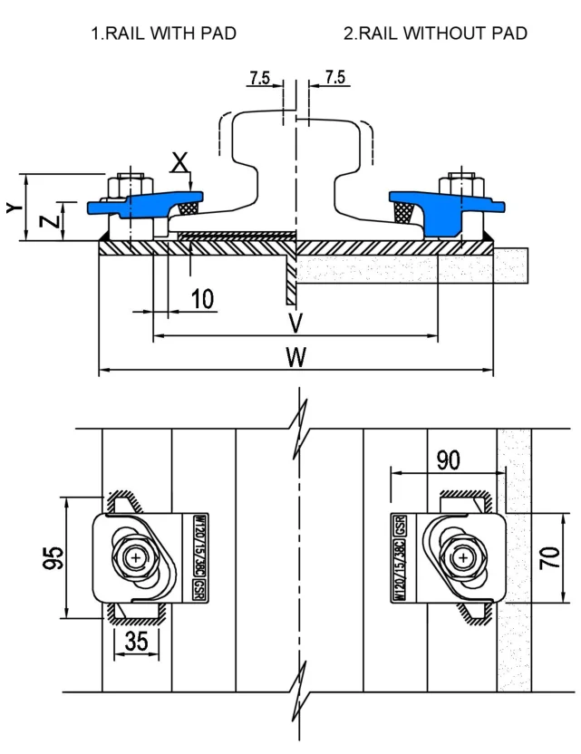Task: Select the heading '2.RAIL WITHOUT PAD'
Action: coord(435,34)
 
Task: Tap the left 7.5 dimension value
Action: coord(261,78)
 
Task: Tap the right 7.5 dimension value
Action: coord(334,78)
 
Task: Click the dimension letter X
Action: coord(181,163)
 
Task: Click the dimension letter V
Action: coord(295,324)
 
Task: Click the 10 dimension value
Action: coord(203,299)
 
